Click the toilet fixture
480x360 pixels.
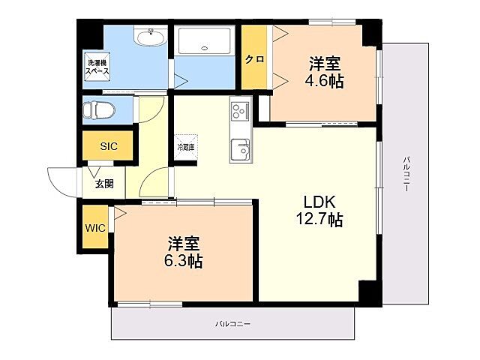[x=99, y=110]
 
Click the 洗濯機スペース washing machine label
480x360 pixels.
[x=97, y=66]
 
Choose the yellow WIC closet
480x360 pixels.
[x=94, y=228]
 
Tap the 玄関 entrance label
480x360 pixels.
[x=104, y=183]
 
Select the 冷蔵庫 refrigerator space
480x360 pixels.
[x=185, y=148]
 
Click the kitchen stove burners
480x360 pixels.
[x=240, y=111]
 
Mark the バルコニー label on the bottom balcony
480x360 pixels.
[x=232, y=324]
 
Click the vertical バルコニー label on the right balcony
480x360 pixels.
[x=405, y=174]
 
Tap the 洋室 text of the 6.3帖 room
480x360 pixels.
[x=184, y=244]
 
